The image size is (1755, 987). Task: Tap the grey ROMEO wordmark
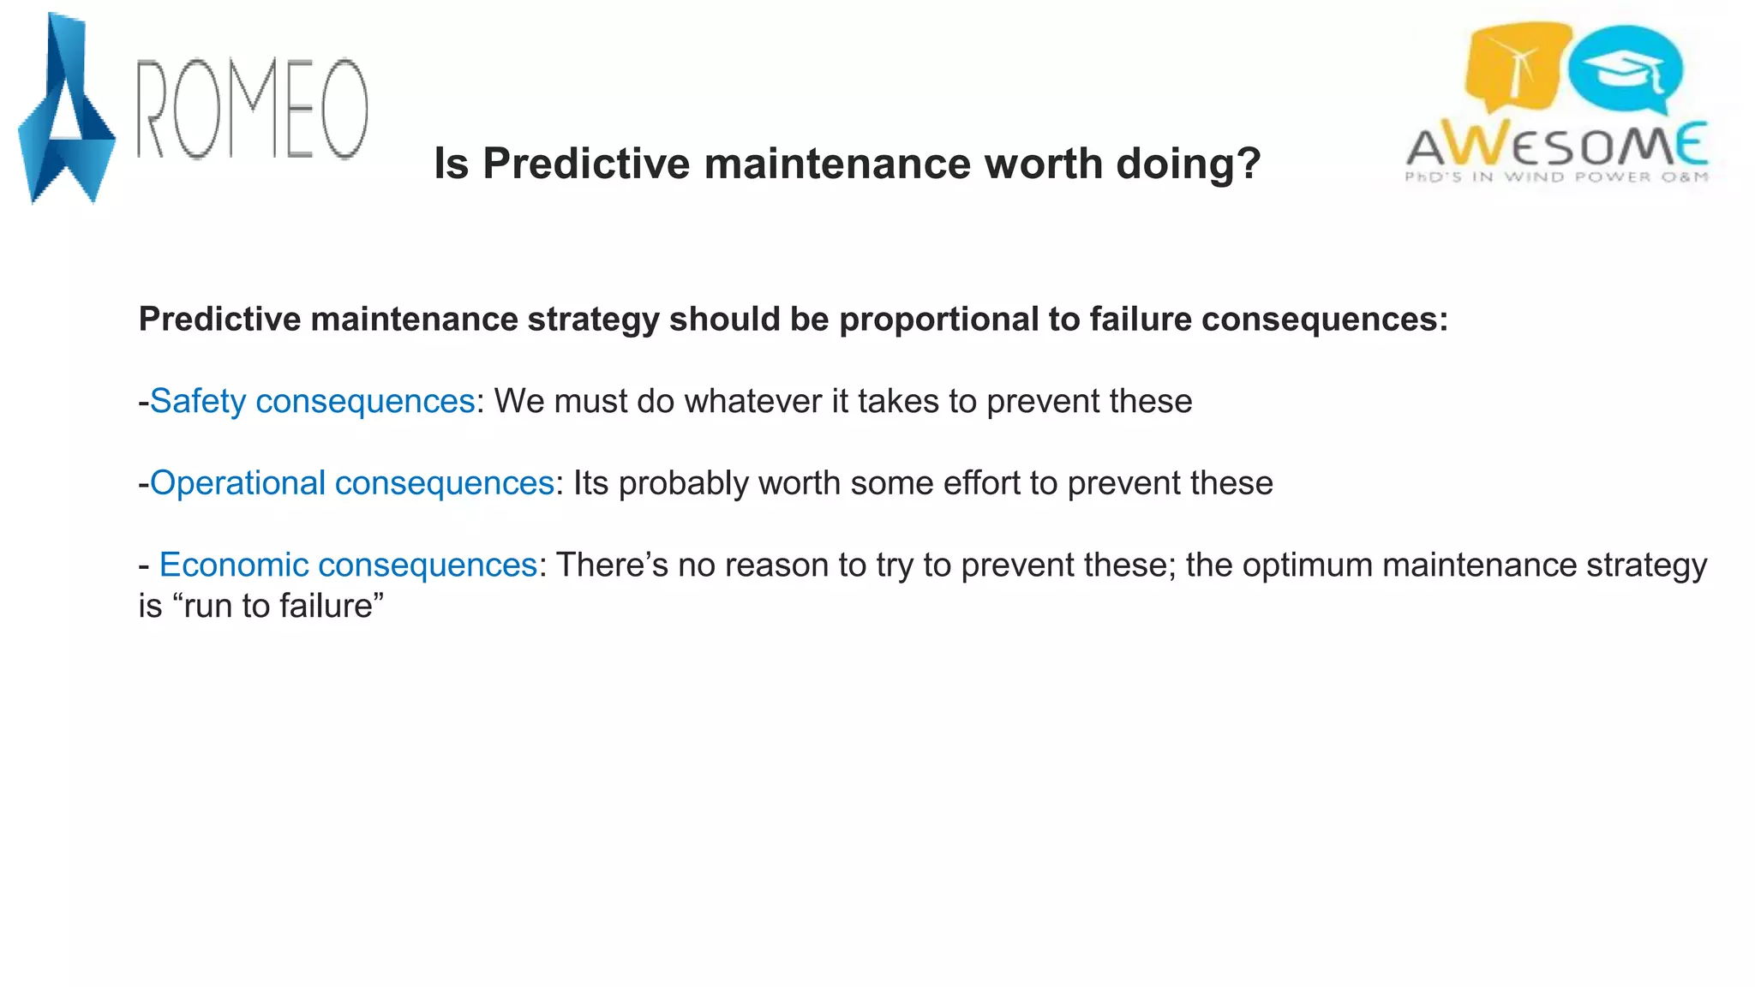pyautogui.click(x=253, y=109)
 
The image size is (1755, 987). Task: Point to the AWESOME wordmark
pyautogui.click(x=1556, y=145)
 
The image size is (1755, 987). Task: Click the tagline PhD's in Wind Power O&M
pyautogui.click(x=1556, y=177)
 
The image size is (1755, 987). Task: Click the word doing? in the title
pyautogui.click(x=1188, y=163)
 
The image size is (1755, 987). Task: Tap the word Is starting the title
pyautogui.click(x=451, y=163)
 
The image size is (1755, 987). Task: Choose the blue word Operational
pyautogui.click(x=237, y=483)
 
